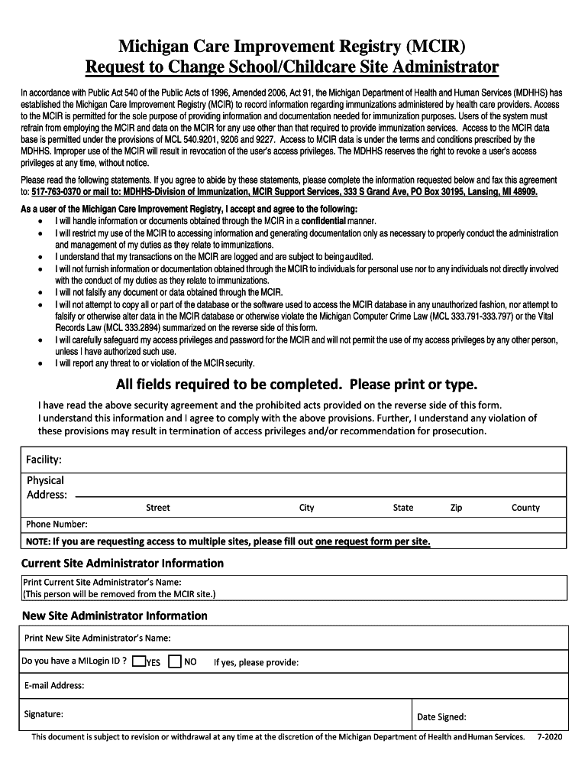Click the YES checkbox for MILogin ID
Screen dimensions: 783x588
[x=138, y=661]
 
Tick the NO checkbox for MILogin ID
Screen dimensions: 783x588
[x=174, y=661]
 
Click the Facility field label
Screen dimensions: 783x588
[x=44, y=460]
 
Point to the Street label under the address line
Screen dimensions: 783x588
[x=158, y=508]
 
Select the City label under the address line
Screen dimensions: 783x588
[x=306, y=508]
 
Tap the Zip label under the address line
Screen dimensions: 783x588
[x=456, y=508]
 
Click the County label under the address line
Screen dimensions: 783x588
[x=525, y=508]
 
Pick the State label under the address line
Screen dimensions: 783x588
[x=403, y=508]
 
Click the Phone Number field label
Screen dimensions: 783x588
[x=57, y=525]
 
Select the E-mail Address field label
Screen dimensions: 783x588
[x=53, y=686]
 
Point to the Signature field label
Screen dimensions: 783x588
[x=43, y=714]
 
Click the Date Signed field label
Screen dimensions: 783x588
[x=441, y=717]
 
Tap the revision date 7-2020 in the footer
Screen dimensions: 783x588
[x=549, y=738]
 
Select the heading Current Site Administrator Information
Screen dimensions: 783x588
[x=122, y=564]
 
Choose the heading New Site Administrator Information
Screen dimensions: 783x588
[x=114, y=616]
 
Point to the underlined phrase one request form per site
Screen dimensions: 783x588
[x=373, y=542]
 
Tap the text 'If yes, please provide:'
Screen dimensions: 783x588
[x=256, y=662]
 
